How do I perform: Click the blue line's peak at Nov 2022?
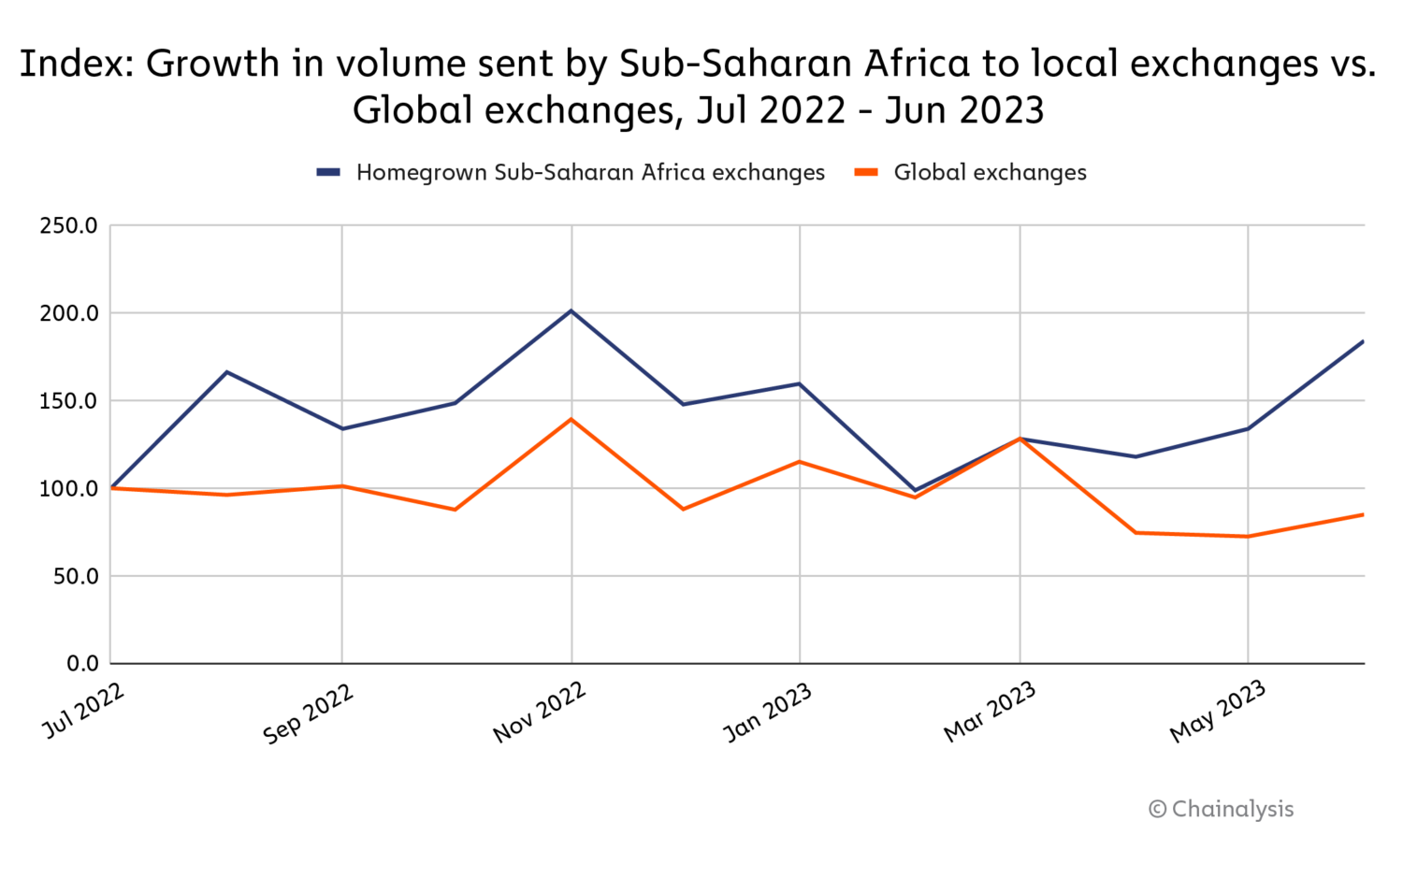[571, 310]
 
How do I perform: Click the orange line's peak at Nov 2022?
[571, 419]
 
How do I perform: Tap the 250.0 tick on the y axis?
[69, 225]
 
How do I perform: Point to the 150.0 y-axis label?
[69, 400]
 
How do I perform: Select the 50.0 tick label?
[76, 576]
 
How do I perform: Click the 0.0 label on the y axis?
[82, 664]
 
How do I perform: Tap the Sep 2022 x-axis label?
[308, 713]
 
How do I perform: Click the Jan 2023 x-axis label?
[767, 713]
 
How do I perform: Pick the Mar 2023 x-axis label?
[990, 713]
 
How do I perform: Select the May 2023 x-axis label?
[1218, 713]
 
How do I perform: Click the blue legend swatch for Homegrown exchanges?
[328, 172]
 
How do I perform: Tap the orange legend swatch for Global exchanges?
[866, 172]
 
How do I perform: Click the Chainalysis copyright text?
[1221, 809]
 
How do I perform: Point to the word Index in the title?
[77, 64]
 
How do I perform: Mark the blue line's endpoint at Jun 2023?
[1363, 341]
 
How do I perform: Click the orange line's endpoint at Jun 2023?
[1363, 514]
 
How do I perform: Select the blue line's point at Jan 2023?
[799, 383]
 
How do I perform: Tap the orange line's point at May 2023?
[1248, 537]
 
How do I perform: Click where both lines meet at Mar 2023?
[1020, 439]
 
